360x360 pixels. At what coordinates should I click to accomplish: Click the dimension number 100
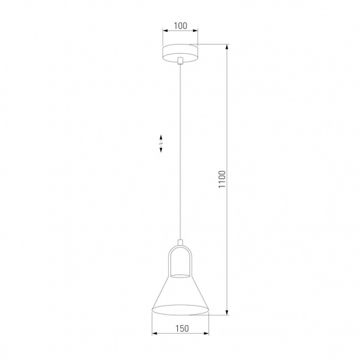(x=180, y=26)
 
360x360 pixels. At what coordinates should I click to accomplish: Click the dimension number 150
(x=180, y=328)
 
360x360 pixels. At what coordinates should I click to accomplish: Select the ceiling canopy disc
(x=180, y=51)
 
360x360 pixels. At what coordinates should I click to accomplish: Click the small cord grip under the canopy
(x=180, y=61)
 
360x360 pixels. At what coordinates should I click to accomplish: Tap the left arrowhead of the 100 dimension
(x=164, y=33)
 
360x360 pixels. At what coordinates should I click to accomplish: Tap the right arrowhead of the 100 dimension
(x=196, y=33)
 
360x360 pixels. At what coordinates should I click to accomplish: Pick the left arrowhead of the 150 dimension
(x=153, y=334)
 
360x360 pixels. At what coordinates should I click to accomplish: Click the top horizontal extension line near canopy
(x=214, y=44)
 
